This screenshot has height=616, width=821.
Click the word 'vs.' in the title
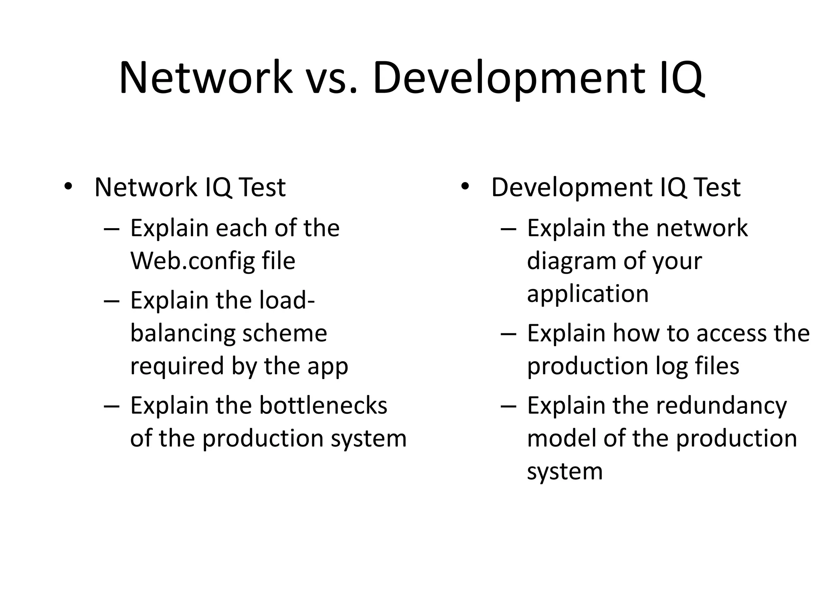(331, 78)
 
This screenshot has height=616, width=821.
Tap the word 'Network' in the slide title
(206, 78)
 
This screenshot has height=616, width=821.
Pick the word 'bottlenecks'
(323, 405)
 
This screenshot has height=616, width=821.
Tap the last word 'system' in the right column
(564, 472)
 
